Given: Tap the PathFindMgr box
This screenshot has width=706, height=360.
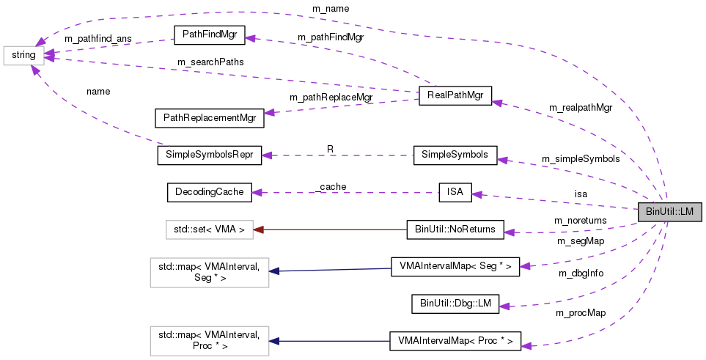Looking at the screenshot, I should click(x=208, y=34).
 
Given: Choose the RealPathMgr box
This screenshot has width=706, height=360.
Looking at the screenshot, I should click(x=455, y=95).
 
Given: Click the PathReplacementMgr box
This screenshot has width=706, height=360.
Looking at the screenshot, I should click(x=208, y=117).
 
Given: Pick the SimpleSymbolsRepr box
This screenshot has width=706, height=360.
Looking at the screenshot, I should click(x=209, y=155).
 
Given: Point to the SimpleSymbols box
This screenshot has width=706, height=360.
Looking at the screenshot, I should click(x=455, y=155).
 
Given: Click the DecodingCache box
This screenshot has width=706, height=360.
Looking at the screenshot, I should click(x=209, y=193).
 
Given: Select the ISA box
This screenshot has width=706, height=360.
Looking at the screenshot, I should click(x=455, y=193).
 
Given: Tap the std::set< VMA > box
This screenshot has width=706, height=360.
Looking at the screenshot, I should click(x=209, y=230).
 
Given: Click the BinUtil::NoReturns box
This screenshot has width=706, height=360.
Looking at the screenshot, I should click(x=455, y=230).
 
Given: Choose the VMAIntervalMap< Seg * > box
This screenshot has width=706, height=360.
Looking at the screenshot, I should click(x=455, y=267).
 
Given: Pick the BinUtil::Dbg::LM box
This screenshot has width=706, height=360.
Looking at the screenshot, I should click(x=455, y=304).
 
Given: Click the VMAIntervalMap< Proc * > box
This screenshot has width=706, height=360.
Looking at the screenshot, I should click(x=455, y=341).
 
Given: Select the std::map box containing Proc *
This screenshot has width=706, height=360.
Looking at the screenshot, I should click(x=209, y=341).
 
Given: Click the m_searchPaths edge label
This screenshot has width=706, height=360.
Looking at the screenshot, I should click(x=210, y=62).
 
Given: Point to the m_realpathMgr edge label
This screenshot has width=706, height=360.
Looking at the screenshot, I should click(x=581, y=108).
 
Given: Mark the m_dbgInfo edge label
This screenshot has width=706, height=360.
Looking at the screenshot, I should click(x=581, y=273).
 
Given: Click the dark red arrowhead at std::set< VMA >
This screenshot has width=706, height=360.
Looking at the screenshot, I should click(x=258, y=230).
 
